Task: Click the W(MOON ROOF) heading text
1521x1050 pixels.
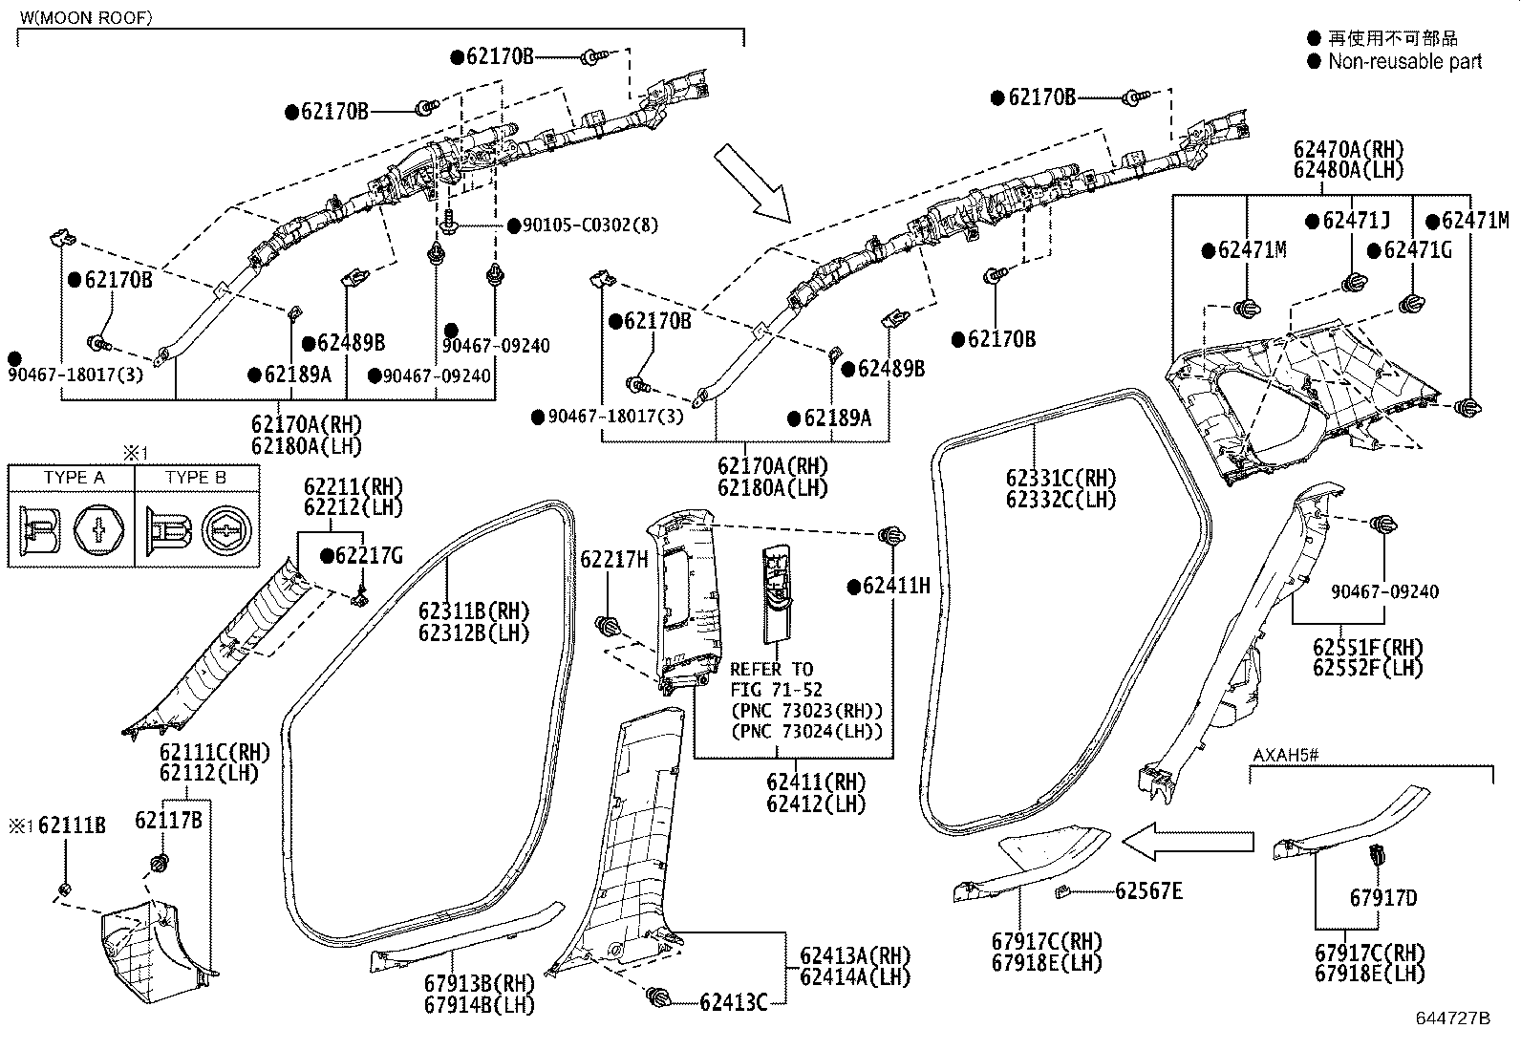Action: pyautogui.click(x=85, y=17)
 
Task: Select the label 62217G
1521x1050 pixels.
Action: pyautogui.click(x=369, y=555)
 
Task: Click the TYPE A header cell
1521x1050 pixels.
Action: pyautogui.click(x=74, y=478)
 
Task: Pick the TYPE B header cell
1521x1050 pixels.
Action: pyautogui.click(x=195, y=478)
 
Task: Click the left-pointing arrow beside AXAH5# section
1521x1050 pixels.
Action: pyautogui.click(x=1188, y=841)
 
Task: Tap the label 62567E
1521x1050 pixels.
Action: pyautogui.click(x=1148, y=891)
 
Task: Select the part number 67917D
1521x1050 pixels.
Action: pyautogui.click(x=1382, y=897)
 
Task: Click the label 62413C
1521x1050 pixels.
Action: pyautogui.click(x=733, y=1001)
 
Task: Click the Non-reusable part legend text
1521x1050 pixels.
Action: pyautogui.click(x=1404, y=62)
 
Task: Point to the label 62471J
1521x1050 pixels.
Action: pyautogui.click(x=1357, y=222)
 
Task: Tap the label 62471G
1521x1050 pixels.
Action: pyautogui.click(x=1417, y=250)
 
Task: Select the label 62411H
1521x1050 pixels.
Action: pyautogui.click(x=895, y=586)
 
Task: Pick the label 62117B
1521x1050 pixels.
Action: pyautogui.click(x=168, y=820)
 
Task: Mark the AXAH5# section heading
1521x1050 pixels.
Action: pyautogui.click(x=1286, y=756)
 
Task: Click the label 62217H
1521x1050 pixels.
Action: pyautogui.click(x=614, y=559)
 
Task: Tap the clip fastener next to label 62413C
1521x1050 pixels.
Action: pyautogui.click(x=658, y=996)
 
